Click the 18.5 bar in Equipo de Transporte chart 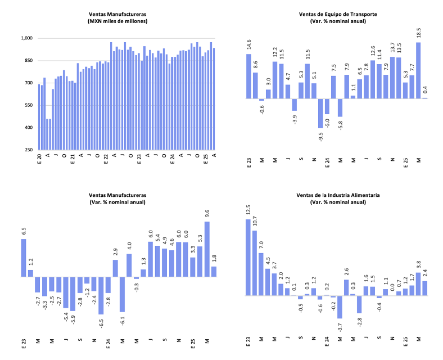(418, 70)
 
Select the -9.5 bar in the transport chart (320, 112)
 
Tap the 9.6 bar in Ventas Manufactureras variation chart (207, 249)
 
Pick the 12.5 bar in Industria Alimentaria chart (248, 257)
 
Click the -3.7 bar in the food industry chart (340, 307)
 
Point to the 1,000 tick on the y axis (27, 38)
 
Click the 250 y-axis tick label (29, 150)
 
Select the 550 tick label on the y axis (29, 105)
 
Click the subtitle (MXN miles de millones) (118, 21)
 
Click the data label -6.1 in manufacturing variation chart (122, 322)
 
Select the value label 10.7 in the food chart (255, 222)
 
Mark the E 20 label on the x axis (39, 159)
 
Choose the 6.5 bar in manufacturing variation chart (24, 258)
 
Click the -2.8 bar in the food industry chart (359, 304)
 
